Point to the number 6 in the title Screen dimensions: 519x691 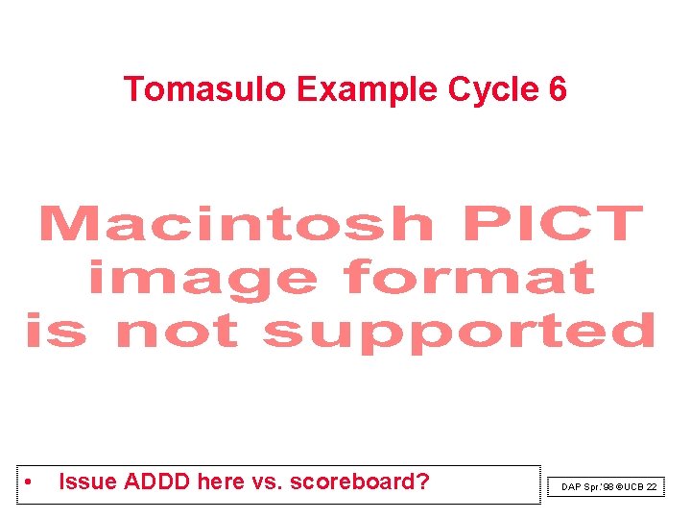pos(558,89)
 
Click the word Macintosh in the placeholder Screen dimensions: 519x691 pos(236,224)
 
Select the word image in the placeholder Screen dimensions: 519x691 pos(203,280)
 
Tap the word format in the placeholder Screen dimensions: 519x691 pos(469,278)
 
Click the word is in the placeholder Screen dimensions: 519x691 pos(60,332)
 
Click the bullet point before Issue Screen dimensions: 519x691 pos(31,482)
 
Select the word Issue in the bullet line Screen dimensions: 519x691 pos(84,482)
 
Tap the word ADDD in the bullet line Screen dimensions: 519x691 pos(153,482)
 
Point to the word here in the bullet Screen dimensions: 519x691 pos(221,482)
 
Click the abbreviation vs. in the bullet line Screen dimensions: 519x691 pos(265,482)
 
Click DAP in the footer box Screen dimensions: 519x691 pos(571,487)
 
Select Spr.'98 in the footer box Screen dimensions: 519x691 pos(599,487)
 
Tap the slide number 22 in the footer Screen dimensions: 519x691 pos(652,487)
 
